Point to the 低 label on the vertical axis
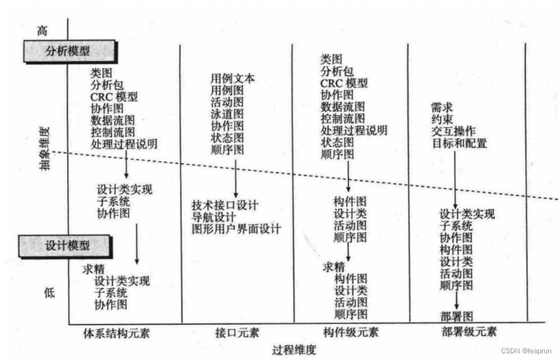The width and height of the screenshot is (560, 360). [49, 292]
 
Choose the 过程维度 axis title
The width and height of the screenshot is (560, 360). [294, 349]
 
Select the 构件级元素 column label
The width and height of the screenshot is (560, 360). [351, 332]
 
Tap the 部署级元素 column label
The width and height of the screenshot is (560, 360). [469, 331]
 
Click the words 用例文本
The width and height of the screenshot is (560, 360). [232, 78]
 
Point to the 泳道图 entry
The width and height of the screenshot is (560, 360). [227, 114]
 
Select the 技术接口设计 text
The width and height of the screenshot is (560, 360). [225, 205]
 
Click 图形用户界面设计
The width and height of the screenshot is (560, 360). [236, 229]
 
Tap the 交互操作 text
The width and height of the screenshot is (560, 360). [453, 131]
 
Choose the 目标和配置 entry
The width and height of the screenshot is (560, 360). [459, 143]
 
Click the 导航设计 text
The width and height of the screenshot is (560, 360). [214, 217]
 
